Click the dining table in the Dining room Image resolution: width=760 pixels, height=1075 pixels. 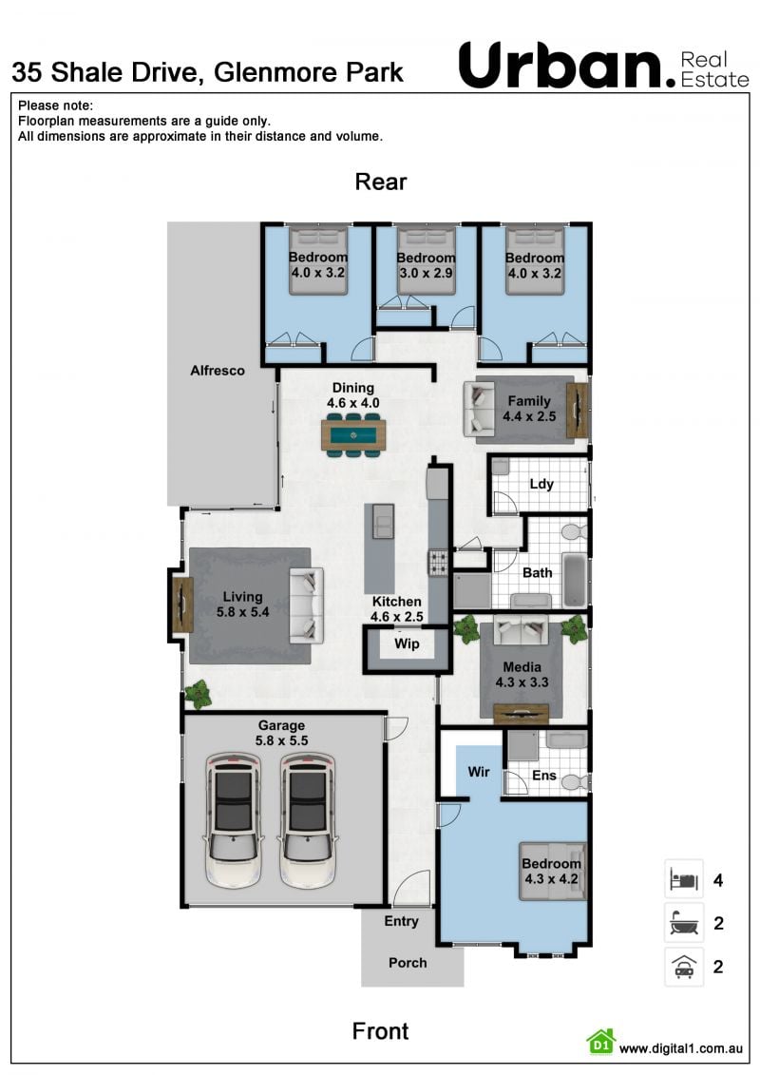(353, 434)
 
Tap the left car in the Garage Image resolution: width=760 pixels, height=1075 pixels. (234, 820)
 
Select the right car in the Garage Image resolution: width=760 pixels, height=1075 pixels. (308, 820)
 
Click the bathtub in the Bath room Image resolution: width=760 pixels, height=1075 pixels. (575, 580)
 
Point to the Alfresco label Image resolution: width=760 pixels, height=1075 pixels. (218, 371)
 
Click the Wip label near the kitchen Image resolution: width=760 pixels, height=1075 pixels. (407, 643)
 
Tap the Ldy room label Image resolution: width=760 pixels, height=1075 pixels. (541, 484)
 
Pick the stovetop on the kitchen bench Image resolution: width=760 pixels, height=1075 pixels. (439, 563)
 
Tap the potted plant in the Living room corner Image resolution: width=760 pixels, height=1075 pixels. (198, 695)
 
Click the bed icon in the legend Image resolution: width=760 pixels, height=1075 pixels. (684, 879)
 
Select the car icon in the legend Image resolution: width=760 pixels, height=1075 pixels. (684, 967)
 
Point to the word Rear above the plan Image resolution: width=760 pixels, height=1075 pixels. (381, 182)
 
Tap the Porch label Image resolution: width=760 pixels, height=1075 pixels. (408, 963)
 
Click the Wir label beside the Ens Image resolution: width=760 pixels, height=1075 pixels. (479, 772)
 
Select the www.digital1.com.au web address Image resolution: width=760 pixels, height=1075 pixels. (680, 1048)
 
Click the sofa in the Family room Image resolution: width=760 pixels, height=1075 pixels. (479, 409)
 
